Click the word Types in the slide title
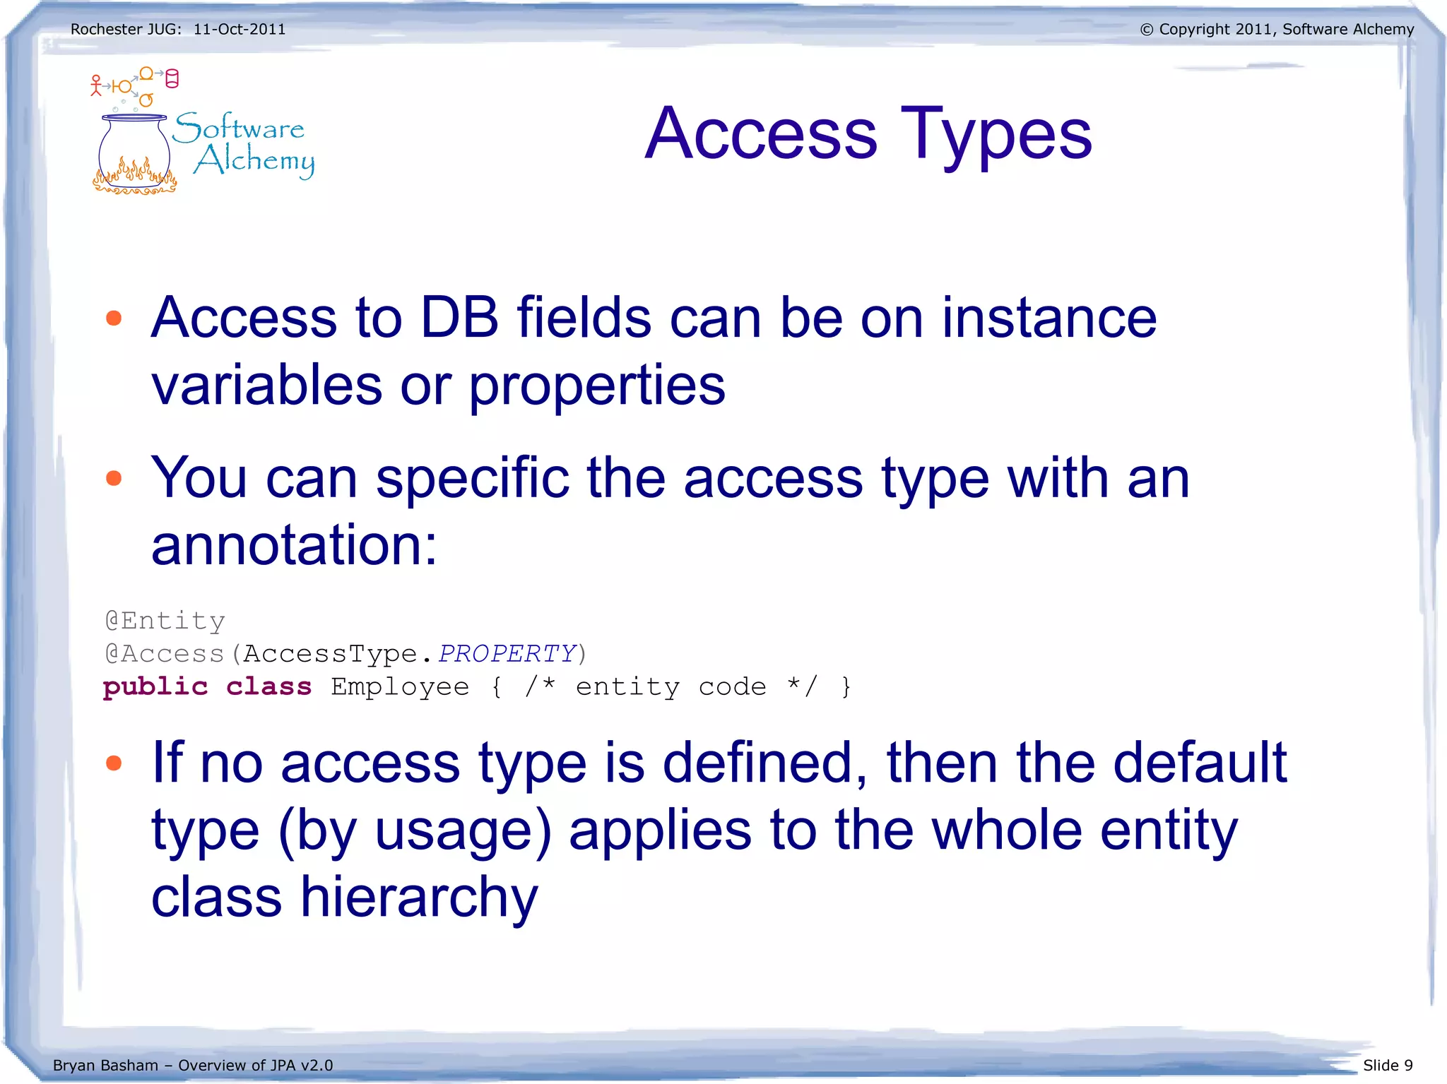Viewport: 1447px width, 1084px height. pyautogui.click(x=996, y=134)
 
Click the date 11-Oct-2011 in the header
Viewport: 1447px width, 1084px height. pyautogui.click(x=240, y=30)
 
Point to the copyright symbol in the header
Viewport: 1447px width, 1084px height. pyautogui.click(x=1147, y=30)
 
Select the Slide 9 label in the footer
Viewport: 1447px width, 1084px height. pyautogui.click(x=1388, y=1065)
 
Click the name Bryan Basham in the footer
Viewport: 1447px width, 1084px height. pyautogui.click(x=105, y=1065)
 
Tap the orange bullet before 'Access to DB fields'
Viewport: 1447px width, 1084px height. pyautogui.click(x=114, y=318)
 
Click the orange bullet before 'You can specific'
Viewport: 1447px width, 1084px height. pyautogui.click(x=114, y=479)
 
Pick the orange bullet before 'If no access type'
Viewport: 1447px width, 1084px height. pyautogui.click(x=114, y=763)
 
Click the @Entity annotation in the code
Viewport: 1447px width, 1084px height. pyautogui.click(x=165, y=621)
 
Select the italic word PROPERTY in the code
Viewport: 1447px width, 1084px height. pyautogui.click(x=507, y=653)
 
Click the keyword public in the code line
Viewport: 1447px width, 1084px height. pyautogui.click(x=155, y=686)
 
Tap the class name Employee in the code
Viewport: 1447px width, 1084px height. pyautogui.click(x=400, y=686)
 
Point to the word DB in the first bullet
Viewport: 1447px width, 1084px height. pyautogui.click(x=459, y=318)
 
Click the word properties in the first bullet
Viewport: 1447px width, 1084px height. pyautogui.click(x=597, y=386)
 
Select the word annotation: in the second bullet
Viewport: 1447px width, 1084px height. pyautogui.click(x=295, y=545)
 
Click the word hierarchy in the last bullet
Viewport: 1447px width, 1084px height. pyautogui.click(x=419, y=898)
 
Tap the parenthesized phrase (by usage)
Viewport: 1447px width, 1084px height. pyautogui.click(x=415, y=830)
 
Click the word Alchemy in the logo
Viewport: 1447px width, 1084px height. pyautogui.click(x=254, y=160)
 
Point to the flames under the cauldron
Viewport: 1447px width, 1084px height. pyautogui.click(x=134, y=177)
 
